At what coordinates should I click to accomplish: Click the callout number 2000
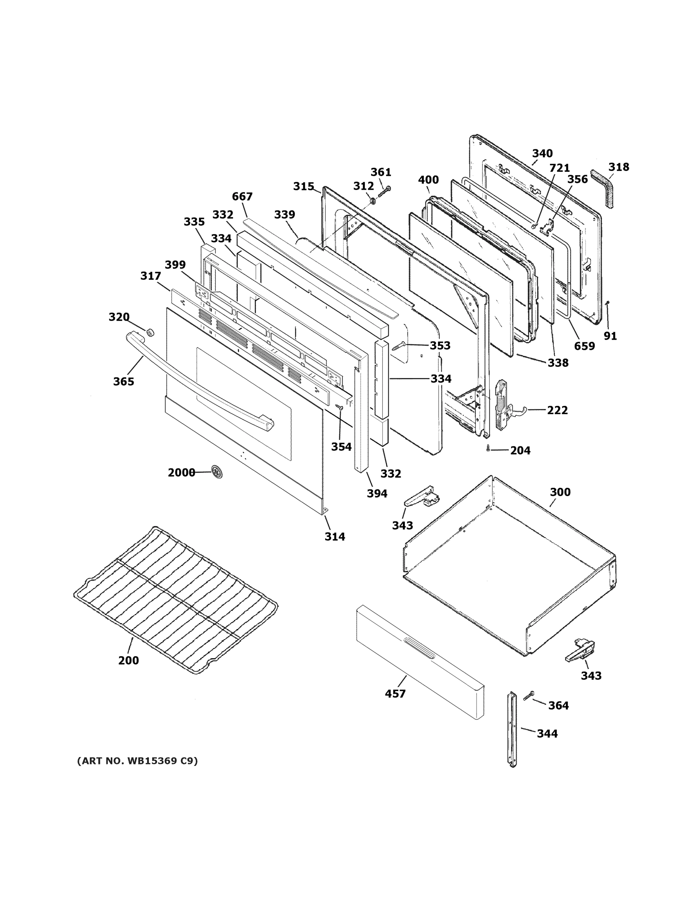[181, 473]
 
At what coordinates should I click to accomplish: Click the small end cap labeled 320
[150, 332]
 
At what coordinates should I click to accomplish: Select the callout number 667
[242, 196]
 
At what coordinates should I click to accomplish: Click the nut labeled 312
[373, 201]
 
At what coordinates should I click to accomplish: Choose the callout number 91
[610, 336]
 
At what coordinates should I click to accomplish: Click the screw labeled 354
[340, 407]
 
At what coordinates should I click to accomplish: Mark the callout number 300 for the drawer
[560, 492]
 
